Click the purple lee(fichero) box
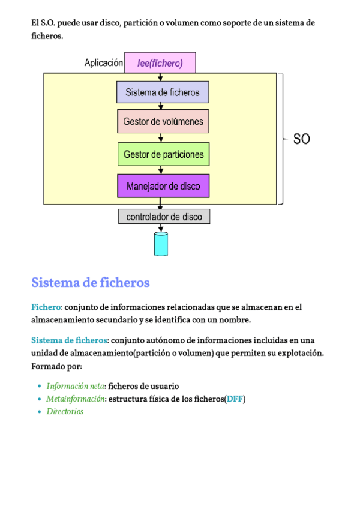tap(160, 62)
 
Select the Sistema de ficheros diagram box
tap(162, 92)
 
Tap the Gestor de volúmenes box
tap(163, 121)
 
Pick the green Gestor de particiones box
tap(163, 154)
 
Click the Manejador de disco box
tap(163, 186)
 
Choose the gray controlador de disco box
tap(164, 217)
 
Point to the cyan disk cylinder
tap(161, 243)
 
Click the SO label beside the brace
tap(301, 139)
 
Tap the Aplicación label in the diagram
tap(103, 62)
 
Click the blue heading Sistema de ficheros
tap(90, 282)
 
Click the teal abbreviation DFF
tap(235, 399)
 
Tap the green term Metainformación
tap(74, 399)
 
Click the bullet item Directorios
tap(65, 412)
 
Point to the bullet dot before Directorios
tap(40, 412)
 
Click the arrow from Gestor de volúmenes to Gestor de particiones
tap(161, 137)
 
